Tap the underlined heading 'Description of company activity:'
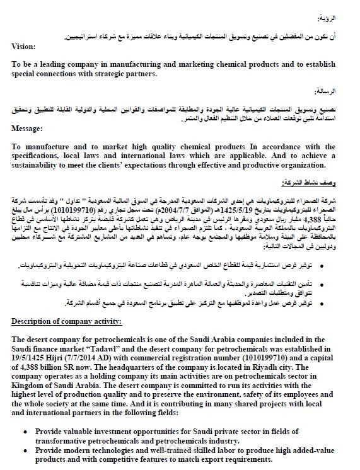point(67,322)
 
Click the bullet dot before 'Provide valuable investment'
point(23,432)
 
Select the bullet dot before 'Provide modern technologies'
point(23,450)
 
